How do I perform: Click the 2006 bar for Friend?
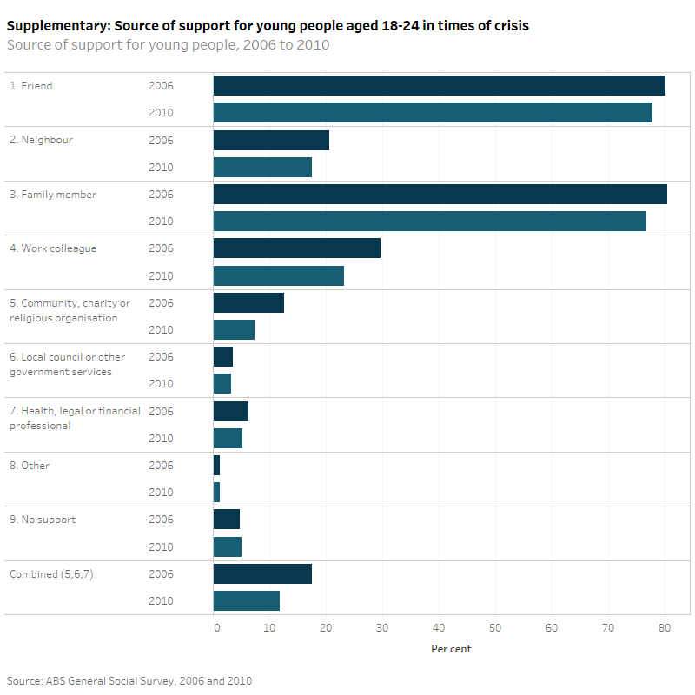[439, 85]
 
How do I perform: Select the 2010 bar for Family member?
[429, 222]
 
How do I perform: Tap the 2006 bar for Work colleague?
[296, 248]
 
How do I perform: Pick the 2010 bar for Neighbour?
[262, 167]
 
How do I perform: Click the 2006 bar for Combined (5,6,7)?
[262, 573]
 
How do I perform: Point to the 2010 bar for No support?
[228, 546]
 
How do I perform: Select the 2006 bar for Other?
[216, 466]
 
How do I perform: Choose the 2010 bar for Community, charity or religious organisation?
[234, 329]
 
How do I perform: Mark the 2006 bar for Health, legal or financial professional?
[231, 411]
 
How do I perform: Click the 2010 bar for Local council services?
[222, 384]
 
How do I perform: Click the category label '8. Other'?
[30, 466]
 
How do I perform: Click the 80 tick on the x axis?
[665, 628]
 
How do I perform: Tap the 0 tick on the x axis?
[216, 628]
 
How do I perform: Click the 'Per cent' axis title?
[451, 649]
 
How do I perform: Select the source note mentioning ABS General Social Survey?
[129, 680]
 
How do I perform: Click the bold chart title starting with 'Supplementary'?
[268, 26]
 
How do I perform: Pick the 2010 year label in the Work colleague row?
[161, 275]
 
